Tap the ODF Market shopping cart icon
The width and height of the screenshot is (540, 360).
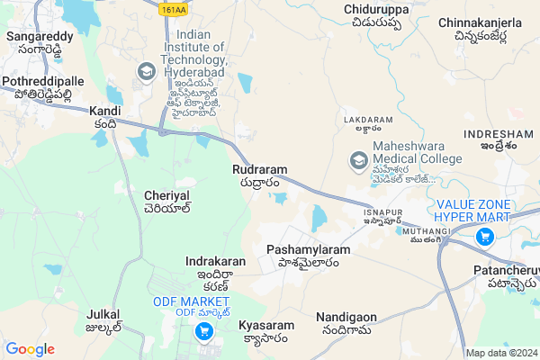tap(204, 331)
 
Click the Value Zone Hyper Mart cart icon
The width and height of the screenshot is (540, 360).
tap(484, 237)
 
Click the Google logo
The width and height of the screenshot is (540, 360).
tap(30, 349)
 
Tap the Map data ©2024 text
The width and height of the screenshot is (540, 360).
tap(500, 353)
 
